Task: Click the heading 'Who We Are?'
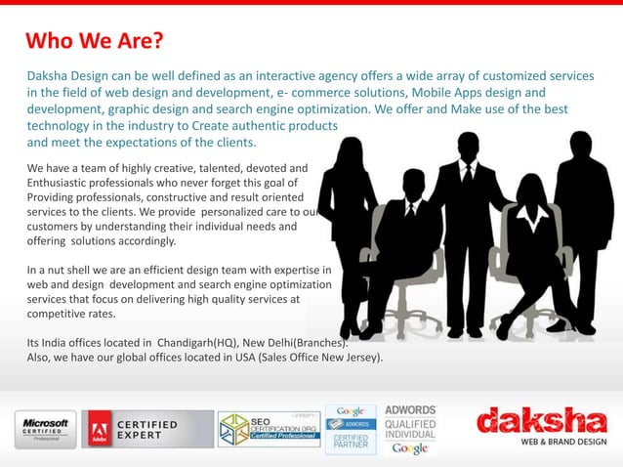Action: point(94,42)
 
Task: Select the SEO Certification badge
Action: point(268,428)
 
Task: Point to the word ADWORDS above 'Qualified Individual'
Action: point(410,409)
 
